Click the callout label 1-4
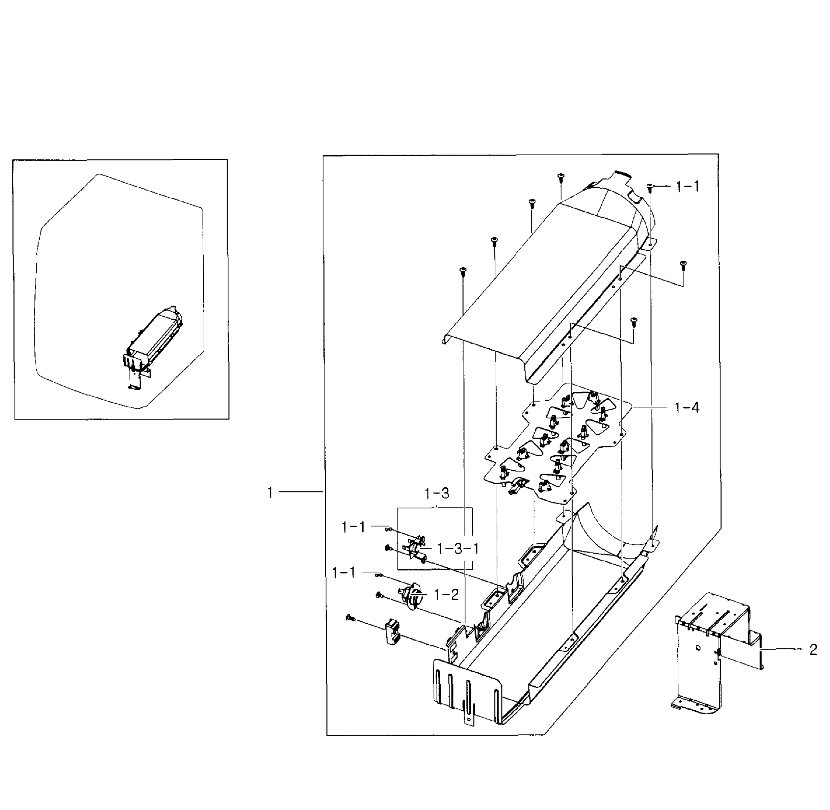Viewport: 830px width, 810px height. (686, 408)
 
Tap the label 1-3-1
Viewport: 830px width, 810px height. (458, 549)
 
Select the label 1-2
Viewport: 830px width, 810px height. (446, 595)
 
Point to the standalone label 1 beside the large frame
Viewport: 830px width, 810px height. (270, 493)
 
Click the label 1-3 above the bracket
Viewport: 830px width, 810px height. (437, 493)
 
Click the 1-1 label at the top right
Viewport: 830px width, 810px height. (688, 186)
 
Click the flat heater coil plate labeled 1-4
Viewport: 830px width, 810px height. (557, 442)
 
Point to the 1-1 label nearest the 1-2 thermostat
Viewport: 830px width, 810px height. (343, 573)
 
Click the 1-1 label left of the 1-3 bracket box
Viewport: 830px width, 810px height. (353, 528)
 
